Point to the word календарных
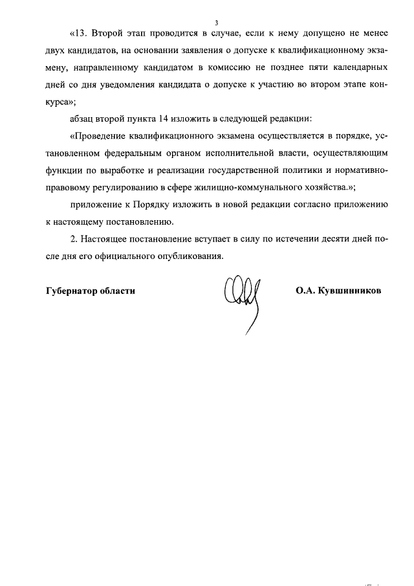360,67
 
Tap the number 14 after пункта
164,119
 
